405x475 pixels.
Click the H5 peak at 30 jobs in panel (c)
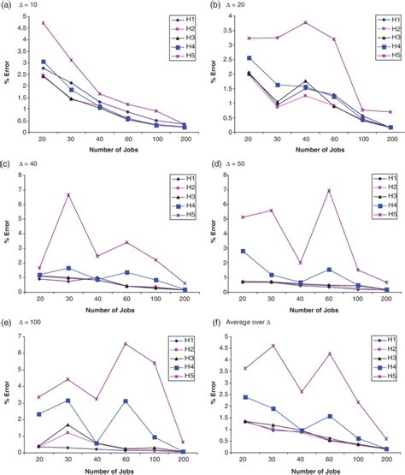click(x=68, y=195)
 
